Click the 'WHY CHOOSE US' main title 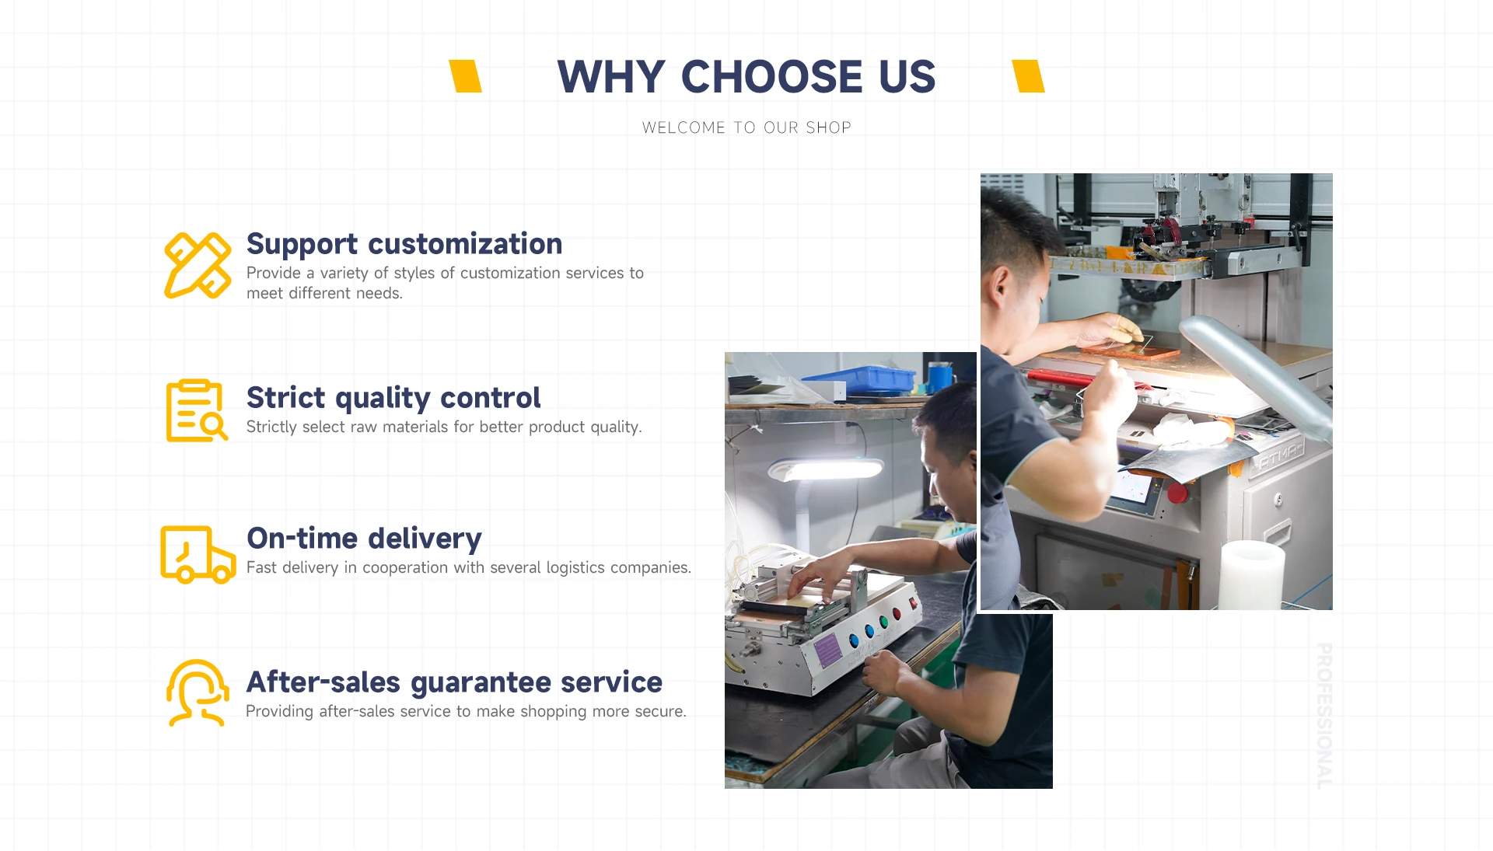pos(746,76)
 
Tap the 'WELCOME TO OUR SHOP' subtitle pos(746,127)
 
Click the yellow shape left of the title pos(466,76)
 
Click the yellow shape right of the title pos(1028,76)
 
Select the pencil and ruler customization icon pos(198,265)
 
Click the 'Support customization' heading pos(404,244)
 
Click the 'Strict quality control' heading pos(393,398)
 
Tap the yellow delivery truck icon pos(198,554)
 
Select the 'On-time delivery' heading pos(364,538)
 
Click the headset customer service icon pos(198,693)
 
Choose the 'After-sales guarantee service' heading pos(454,682)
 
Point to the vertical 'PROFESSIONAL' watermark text pos(1324,716)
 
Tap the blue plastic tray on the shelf pos(859,379)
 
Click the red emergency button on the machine pos(1178,493)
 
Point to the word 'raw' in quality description pos(364,427)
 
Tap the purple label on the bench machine pos(827,649)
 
